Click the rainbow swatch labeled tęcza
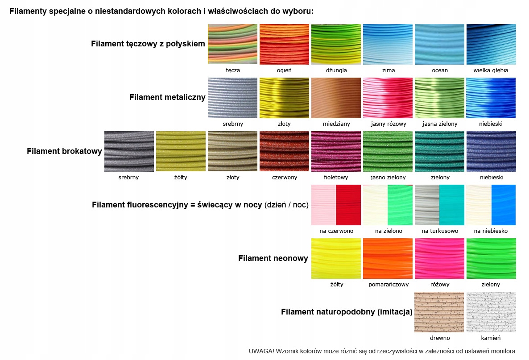(x=232, y=44)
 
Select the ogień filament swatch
(x=284, y=44)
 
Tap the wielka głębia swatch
(x=491, y=44)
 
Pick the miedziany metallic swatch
(x=336, y=98)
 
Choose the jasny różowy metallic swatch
(x=388, y=98)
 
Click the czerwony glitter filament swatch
(x=284, y=151)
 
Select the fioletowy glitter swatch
(x=336, y=151)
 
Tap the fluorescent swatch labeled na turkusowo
(x=439, y=205)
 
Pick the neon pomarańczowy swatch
(x=388, y=258)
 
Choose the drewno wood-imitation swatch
(x=439, y=312)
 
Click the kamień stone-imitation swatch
(x=491, y=312)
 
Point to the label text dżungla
(x=336, y=70)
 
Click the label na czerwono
(x=336, y=231)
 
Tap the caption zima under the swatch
(x=388, y=70)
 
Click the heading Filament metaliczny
(x=167, y=97)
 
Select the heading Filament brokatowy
(x=64, y=151)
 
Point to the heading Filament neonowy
(x=273, y=258)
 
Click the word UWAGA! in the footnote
(x=261, y=351)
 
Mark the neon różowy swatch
(x=439, y=258)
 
